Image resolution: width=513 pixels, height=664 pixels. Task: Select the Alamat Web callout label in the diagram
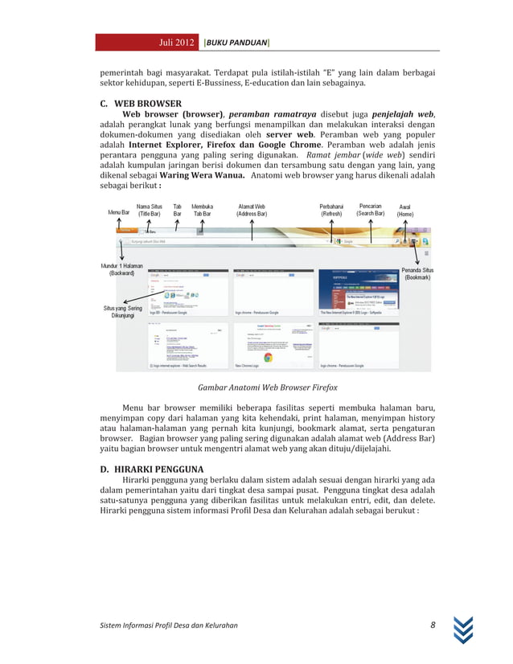[252, 210]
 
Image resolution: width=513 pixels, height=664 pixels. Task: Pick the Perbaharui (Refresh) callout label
[332, 210]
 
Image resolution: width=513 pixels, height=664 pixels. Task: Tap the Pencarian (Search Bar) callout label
[371, 210]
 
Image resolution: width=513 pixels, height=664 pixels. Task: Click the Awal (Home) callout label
[404, 211]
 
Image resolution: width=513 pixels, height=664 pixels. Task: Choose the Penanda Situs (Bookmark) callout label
[418, 273]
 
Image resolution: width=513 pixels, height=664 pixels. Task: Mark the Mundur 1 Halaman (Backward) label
[122, 269]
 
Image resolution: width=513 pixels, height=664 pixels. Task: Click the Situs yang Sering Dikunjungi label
[123, 312]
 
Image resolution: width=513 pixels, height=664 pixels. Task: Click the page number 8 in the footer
[433, 625]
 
